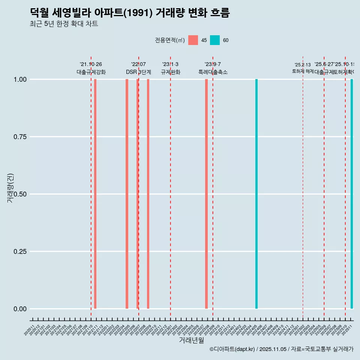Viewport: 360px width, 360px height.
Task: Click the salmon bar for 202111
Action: coord(95,194)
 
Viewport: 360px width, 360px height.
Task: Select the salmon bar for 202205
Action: coord(127,194)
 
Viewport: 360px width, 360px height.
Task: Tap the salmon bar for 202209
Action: coord(148,194)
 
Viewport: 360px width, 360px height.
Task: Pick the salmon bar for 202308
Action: coord(206,194)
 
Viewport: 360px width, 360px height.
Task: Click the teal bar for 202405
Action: coord(256,194)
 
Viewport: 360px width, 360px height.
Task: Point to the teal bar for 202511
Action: coord(352,194)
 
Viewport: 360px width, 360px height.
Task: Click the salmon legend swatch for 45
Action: coord(193,40)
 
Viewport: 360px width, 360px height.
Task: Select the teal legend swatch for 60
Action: coord(215,40)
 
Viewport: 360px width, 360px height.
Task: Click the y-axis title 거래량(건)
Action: coord(10,188)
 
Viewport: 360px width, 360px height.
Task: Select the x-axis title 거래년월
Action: coord(191,340)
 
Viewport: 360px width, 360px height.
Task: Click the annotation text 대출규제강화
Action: coord(91,72)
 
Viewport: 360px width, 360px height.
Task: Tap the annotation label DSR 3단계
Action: coord(138,72)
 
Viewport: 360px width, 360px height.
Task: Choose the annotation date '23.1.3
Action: coord(170,64)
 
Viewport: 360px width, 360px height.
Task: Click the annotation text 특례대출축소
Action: coord(213,72)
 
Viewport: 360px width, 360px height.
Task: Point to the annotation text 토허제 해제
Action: coord(303,71)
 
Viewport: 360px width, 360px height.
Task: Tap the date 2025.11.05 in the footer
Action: coord(273,349)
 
